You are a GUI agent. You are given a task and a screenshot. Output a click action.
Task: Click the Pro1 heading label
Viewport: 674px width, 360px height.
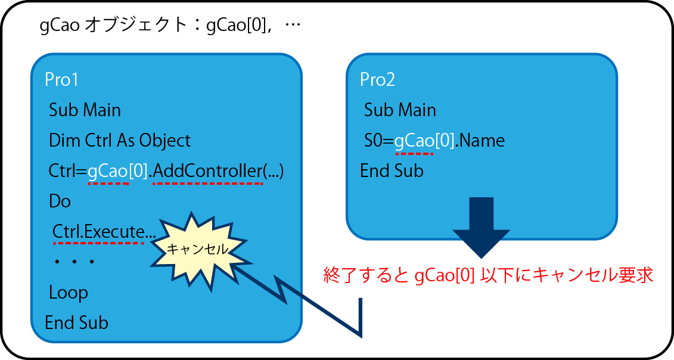[61, 80]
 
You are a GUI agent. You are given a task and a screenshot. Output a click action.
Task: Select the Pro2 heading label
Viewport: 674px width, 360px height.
[377, 80]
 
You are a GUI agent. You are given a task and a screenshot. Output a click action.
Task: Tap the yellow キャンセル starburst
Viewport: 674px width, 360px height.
[197, 250]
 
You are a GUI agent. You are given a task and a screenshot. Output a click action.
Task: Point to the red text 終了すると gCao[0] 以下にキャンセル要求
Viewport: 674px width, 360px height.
[488, 275]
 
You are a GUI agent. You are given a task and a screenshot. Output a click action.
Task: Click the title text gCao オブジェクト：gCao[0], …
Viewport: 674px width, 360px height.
[170, 26]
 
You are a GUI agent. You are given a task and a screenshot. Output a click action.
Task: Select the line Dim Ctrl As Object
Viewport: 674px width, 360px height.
[120, 141]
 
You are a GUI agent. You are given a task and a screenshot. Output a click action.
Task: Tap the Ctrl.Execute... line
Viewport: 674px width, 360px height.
[104, 232]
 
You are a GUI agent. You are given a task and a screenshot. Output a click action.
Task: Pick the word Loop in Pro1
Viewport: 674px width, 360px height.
[69, 293]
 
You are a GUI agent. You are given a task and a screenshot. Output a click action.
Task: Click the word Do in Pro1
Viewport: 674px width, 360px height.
[60, 201]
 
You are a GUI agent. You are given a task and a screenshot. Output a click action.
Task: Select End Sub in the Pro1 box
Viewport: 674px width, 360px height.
[76, 323]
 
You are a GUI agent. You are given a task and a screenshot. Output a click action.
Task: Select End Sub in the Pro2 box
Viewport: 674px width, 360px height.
[392, 171]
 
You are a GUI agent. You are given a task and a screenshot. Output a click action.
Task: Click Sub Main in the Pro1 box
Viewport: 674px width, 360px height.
[85, 110]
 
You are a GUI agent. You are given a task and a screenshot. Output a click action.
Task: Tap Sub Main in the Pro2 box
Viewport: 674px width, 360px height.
[400, 110]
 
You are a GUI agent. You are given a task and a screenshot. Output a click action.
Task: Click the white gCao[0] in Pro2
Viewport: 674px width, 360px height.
[424, 141]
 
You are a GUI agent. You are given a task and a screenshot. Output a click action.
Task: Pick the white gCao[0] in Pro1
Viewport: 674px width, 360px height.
[118, 171]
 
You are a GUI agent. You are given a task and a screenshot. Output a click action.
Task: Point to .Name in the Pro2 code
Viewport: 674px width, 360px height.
[480, 141]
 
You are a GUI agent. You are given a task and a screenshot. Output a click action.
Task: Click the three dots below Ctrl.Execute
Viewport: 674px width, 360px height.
[74, 262]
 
